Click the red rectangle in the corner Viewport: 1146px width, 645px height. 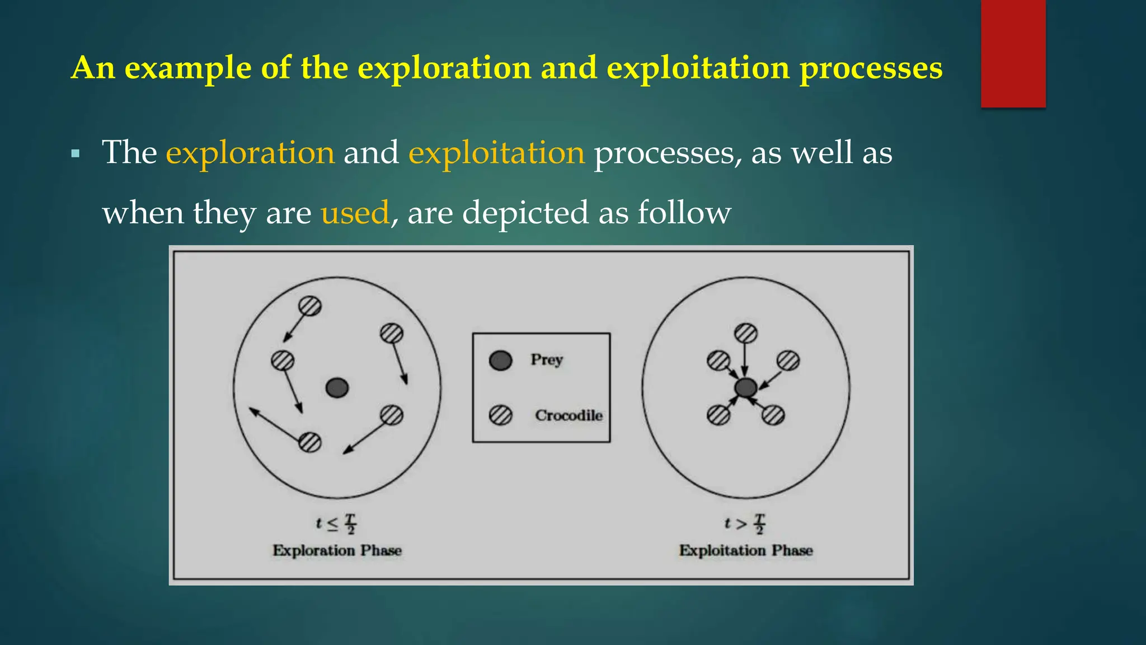pos(1013,53)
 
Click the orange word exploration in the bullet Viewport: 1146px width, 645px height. pos(250,152)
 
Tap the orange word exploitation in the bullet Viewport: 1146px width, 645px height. pos(496,152)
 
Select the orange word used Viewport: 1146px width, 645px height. pos(355,213)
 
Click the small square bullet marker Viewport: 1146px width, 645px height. pos(76,153)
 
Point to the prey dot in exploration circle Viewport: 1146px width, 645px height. pos(337,387)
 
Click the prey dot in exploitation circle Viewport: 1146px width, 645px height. pos(745,387)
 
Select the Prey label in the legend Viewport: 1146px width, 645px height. pos(546,359)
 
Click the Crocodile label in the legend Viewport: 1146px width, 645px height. pos(569,415)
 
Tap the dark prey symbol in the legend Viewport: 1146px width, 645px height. pos(500,361)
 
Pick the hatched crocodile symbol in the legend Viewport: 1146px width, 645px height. pos(500,415)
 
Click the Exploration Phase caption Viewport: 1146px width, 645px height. pos(337,550)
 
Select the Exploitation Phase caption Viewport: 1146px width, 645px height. pos(745,550)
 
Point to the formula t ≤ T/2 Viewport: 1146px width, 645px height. pos(336,524)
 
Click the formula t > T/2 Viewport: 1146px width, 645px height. pos(744,524)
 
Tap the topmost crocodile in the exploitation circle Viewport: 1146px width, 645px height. pos(745,334)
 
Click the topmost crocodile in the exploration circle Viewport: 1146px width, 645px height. pos(309,306)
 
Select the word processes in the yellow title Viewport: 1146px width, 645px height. pos(871,68)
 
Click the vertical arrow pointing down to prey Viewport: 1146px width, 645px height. pos(745,358)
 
